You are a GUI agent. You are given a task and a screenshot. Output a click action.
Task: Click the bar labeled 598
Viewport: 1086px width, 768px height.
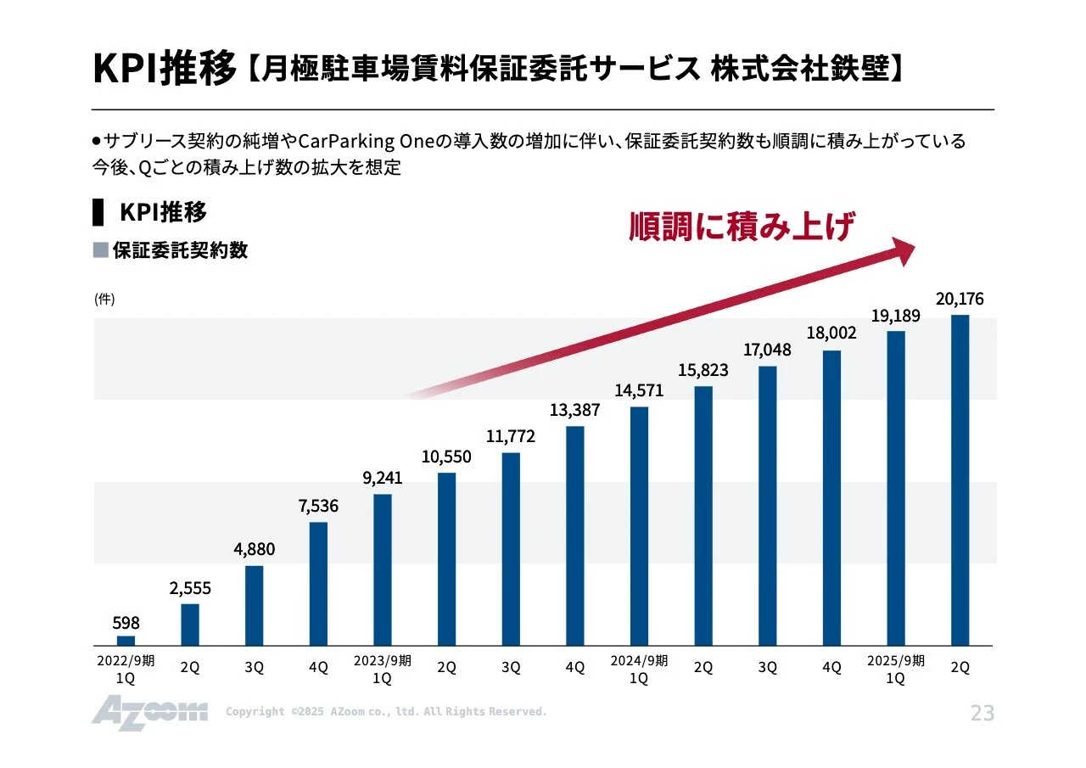[x=126, y=641]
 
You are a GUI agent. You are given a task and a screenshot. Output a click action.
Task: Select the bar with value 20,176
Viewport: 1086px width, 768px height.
[x=960, y=479]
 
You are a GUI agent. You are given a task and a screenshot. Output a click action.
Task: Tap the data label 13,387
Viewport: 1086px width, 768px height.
[x=574, y=410]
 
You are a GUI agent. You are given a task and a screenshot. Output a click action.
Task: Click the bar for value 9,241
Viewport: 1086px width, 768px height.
[x=383, y=569]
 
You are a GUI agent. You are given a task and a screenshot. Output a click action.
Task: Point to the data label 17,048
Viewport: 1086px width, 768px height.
[x=767, y=350]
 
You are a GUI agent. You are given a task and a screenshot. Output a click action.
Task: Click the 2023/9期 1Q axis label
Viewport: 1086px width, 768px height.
[x=382, y=670]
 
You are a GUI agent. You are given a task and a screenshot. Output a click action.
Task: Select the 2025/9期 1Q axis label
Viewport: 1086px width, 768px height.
[x=895, y=670]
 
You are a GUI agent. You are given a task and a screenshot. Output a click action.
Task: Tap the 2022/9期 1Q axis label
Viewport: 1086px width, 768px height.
[x=126, y=670]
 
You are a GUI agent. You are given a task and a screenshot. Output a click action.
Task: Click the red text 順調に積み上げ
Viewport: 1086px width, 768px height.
[x=741, y=227]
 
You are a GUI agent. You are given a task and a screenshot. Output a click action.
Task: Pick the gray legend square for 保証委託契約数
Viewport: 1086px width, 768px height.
[x=100, y=250]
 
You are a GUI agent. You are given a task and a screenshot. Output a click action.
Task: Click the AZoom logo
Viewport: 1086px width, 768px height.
[x=149, y=711]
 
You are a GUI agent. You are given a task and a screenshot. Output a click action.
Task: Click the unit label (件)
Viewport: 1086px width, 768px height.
[x=104, y=299]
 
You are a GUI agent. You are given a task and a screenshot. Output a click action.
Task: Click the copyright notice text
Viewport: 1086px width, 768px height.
[x=386, y=712]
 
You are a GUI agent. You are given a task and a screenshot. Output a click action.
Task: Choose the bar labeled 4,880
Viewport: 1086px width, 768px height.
[x=254, y=605]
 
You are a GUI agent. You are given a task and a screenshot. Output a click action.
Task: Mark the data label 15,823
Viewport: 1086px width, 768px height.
[x=703, y=371]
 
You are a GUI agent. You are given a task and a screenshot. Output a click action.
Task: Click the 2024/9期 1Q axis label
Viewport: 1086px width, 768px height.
[x=638, y=670]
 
